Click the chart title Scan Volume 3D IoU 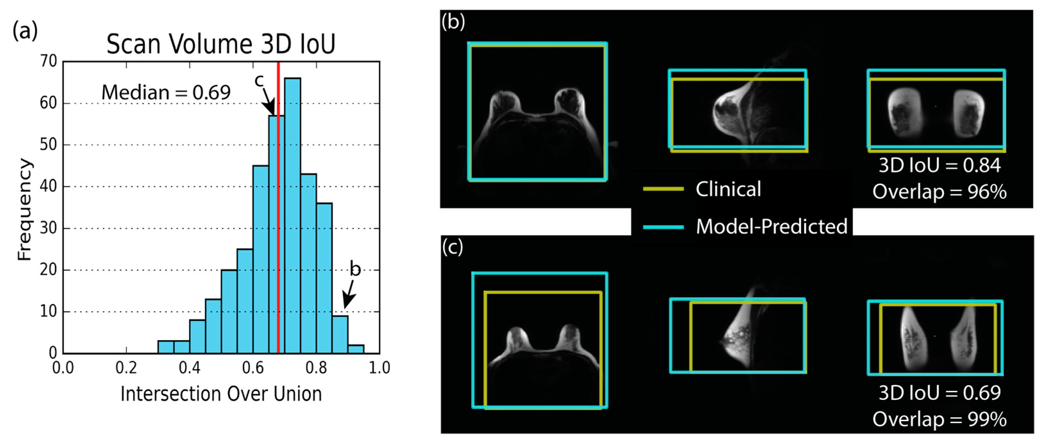point(221,44)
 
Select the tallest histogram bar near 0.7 point(292,215)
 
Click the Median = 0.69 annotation point(166,93)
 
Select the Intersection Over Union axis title point(221,393)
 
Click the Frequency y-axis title point(24,209)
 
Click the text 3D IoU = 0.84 point(939,165)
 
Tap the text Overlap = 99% point(939,419)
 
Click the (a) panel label point(25,31)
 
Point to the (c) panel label point(453,247)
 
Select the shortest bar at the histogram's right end point(356,349)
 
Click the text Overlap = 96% point(939,191)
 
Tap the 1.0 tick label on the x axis point(379,368)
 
